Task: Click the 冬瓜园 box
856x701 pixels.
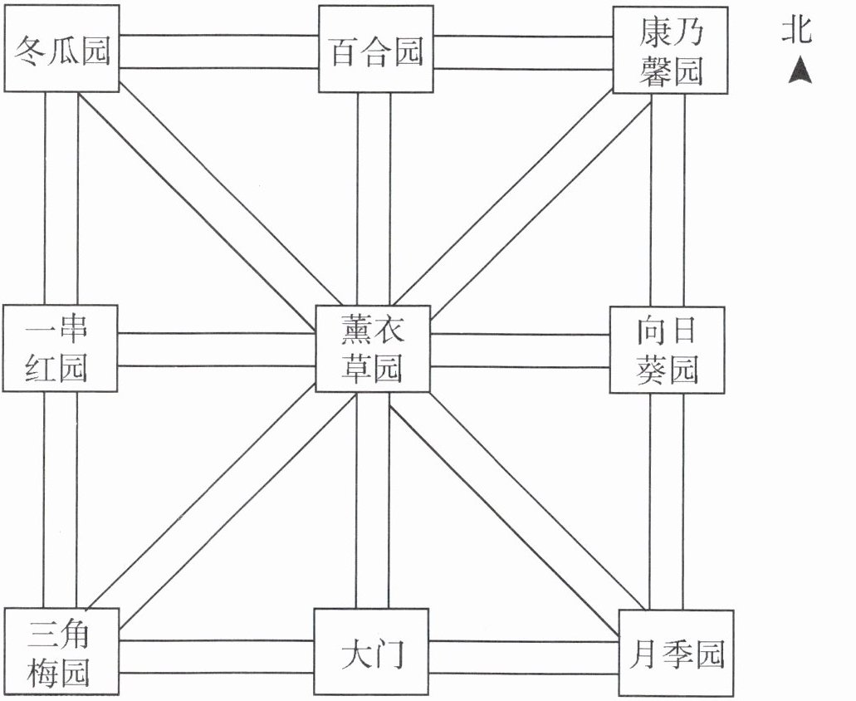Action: [61, 52]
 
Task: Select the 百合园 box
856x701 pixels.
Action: [376, 52]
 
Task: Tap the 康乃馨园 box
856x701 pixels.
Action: [670, 52]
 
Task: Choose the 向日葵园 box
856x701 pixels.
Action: [667, 349]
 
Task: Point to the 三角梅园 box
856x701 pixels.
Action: [60, 652]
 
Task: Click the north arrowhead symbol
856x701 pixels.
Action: [800, 71]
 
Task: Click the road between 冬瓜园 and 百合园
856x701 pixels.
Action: [218, 52]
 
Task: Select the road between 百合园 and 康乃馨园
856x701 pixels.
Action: [523, 52]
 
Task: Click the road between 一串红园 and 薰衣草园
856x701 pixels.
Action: [218, 349]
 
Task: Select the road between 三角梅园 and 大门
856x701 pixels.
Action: [216, 654]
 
